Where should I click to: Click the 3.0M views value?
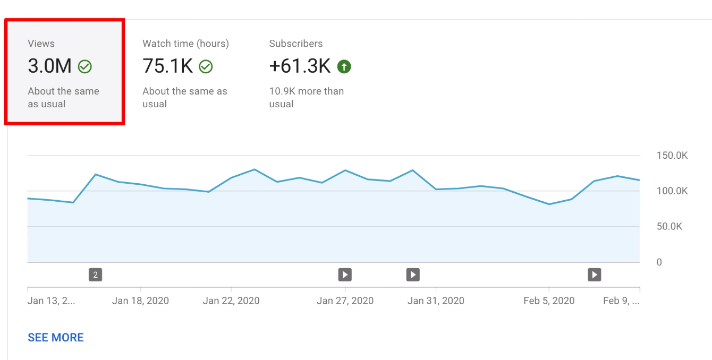49,66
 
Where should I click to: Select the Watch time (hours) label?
185,44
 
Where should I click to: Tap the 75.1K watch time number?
167,66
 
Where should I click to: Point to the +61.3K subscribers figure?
300,66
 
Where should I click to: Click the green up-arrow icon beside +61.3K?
344,66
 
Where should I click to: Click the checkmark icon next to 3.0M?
85,66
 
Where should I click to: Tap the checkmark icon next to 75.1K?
206,66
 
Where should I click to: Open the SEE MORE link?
56,338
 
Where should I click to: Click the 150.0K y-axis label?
672,156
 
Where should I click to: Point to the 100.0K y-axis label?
672,191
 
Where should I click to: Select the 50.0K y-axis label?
669,227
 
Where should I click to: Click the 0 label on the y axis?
659,262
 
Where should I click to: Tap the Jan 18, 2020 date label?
140,301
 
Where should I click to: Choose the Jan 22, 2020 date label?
231,301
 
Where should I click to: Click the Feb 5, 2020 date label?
549,301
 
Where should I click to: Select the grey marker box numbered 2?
95,275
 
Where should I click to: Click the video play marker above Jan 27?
345,275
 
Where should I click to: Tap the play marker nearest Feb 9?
594,275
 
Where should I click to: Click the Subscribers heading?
296,44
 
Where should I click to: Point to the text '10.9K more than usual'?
306,97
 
